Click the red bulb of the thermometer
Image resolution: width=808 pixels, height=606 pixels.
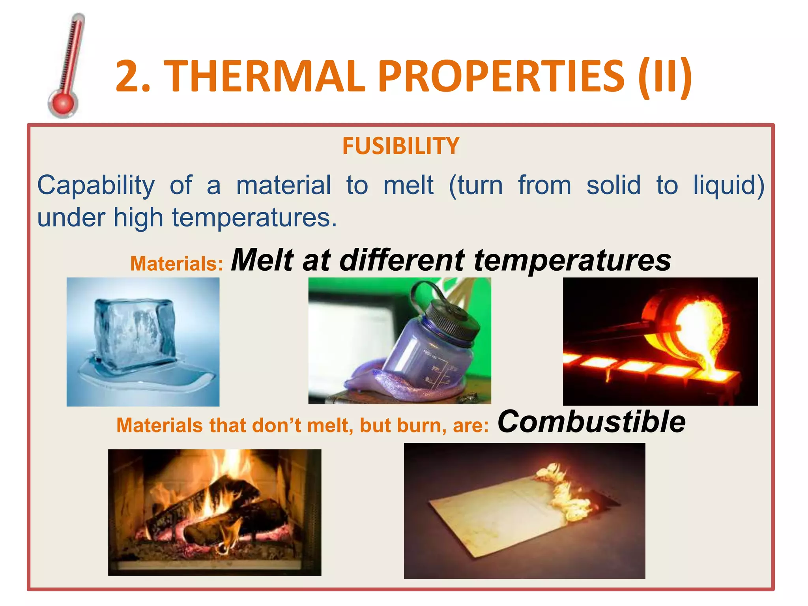[63, 104]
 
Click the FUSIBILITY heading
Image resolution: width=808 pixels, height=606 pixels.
[400, 146]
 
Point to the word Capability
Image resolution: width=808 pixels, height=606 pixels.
[96, 185]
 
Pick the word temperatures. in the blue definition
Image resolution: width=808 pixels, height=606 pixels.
[254, 218]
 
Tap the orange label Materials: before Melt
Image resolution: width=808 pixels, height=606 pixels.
[177, 264]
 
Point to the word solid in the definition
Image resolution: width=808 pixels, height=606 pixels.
[613, 185]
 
